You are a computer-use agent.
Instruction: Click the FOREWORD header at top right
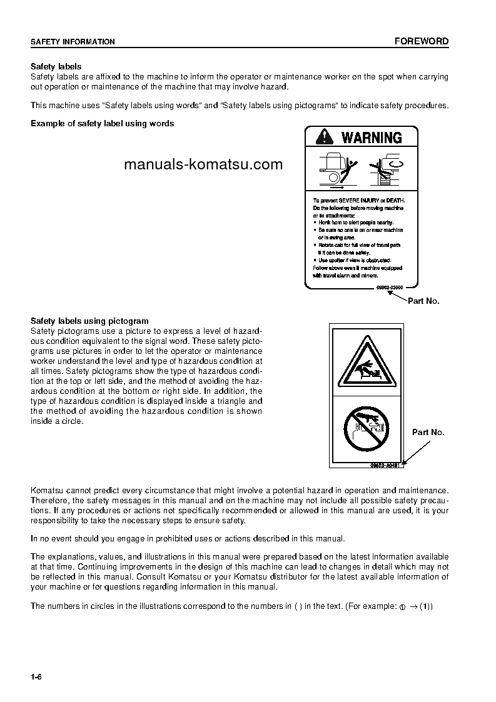tap(421, 41)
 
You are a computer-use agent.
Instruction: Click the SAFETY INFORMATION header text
tap(73, 42)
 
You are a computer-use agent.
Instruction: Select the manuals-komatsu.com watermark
tap(203, 164)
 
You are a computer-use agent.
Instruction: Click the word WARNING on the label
tap(372, 138)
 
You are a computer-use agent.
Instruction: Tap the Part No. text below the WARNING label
tap(423, 301)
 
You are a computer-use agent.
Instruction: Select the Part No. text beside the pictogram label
tap(428, 432)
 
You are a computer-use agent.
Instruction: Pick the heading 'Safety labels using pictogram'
tap(89, 321)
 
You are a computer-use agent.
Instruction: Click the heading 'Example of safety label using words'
tap(103, 123)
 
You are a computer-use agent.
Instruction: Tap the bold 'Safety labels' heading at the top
tap(56, 66)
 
